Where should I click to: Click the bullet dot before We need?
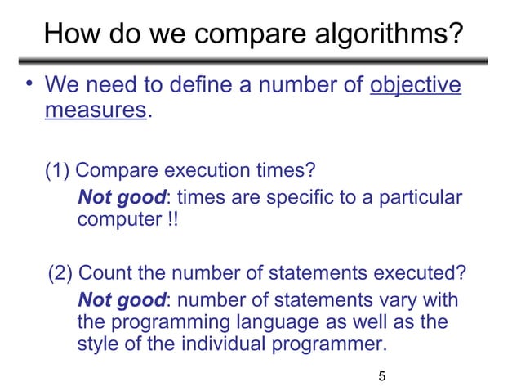click(29, 84)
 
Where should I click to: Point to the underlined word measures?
click(95, 110)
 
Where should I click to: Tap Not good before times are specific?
click(122, 197)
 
